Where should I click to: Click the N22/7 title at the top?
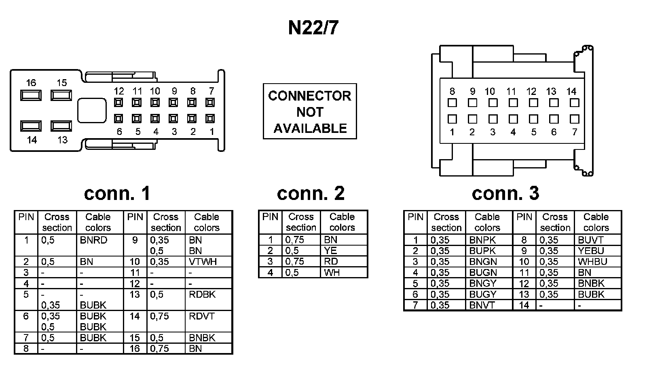313,28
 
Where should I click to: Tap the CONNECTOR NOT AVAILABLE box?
310,111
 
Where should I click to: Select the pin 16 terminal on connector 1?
31,95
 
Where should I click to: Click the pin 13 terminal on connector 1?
61,126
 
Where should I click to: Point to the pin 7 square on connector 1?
210,103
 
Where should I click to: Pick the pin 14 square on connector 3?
575,103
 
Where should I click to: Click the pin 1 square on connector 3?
452,119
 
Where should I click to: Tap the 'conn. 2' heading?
311,193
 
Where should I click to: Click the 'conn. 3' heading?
505,193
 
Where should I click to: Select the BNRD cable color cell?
99,245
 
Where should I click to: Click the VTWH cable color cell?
208,261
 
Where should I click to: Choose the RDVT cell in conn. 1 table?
208,321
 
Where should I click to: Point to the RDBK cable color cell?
208,300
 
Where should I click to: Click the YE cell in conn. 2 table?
344,250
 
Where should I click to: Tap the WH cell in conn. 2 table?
344,272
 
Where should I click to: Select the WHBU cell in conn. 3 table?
598,261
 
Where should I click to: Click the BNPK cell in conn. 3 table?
489,240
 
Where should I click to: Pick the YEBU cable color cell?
598,250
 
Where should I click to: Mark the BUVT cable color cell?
598,240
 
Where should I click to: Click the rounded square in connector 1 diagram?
92,111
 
